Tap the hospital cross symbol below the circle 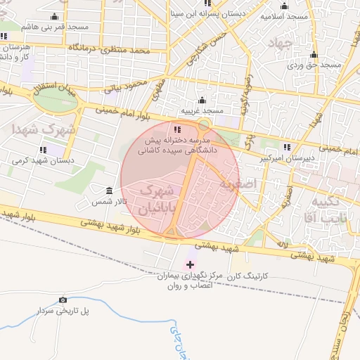189,264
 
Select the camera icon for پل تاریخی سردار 63,300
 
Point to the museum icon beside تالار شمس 108,191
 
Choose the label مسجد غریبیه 202,111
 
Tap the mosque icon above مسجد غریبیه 202,100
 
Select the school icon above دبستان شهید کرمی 44,149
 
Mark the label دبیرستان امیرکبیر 285,159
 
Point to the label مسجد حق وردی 314,65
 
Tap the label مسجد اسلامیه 285,15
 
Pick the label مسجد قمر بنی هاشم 55,26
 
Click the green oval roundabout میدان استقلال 57,100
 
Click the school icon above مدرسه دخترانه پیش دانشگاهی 176,129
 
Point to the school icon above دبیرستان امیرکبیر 286,147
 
